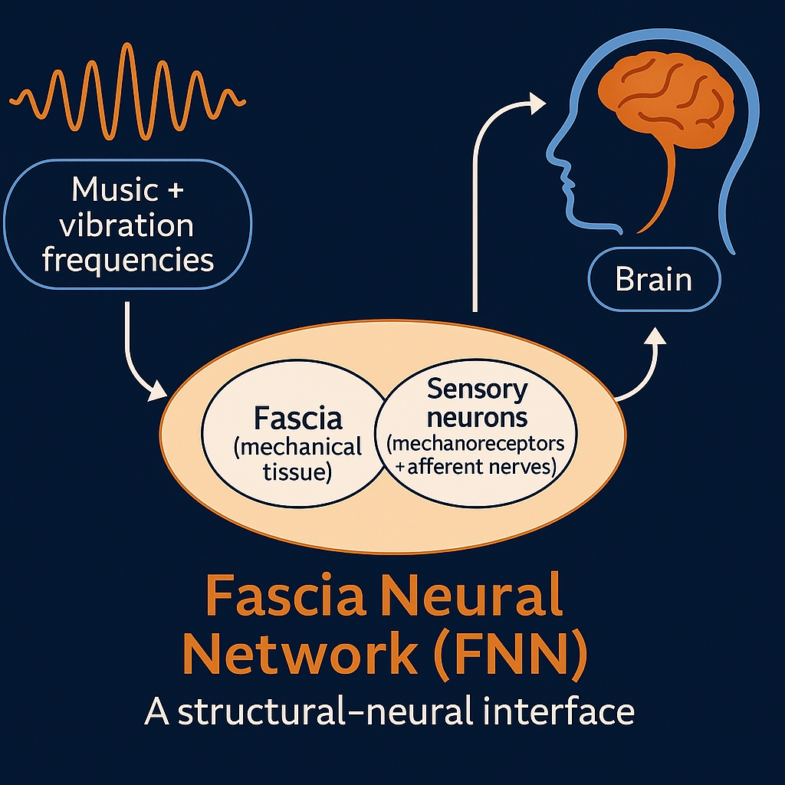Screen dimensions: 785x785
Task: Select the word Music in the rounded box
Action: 115,189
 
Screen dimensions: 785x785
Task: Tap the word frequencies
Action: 128,260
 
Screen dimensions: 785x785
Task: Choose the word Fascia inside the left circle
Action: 298,419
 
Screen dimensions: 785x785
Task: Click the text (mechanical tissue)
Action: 298,459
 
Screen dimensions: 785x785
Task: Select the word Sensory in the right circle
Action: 477,389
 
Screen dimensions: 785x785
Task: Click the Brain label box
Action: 654,279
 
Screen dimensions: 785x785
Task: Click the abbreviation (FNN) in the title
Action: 512,653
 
